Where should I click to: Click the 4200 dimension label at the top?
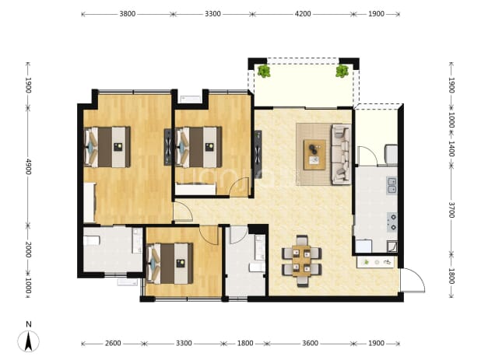tap(303, 14)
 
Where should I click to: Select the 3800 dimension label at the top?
tap(128, 14)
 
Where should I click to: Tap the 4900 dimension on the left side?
tap(28, 166)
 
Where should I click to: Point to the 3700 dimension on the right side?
tap(451, 210)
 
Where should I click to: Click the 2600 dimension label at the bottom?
tap(113, 343)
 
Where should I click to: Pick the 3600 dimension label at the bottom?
tap(310, 343)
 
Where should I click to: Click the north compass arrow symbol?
tap(28, 341)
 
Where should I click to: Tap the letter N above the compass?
tap(29, 324)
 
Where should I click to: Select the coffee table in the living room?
tap(314, 155)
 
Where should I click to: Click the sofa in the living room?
tap(341, 154)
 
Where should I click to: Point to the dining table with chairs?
tap(301, 260)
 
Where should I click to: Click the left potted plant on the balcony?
tap(264, 71)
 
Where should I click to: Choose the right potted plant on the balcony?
tap(342, 71)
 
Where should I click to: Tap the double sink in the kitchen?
tap(391, 185)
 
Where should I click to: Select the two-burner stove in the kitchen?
tap(392, 222)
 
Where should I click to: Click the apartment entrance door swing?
tap(413, 281)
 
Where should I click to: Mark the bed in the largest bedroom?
tap(107, 147)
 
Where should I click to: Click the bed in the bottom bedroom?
tap(170, 263)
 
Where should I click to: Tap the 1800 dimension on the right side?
tap(451, 276)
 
